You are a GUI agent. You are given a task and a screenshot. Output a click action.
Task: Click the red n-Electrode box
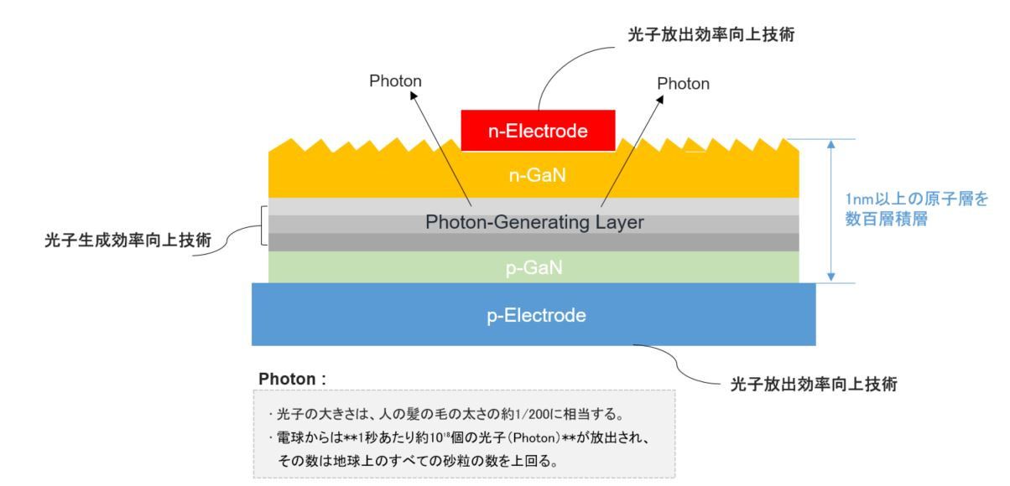coord(538,131)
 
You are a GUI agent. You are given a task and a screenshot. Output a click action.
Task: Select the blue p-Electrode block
coord(534,315)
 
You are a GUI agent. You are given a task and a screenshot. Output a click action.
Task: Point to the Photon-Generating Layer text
coord(534,223)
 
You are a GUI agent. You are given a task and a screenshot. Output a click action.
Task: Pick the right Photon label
coord(683,84)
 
